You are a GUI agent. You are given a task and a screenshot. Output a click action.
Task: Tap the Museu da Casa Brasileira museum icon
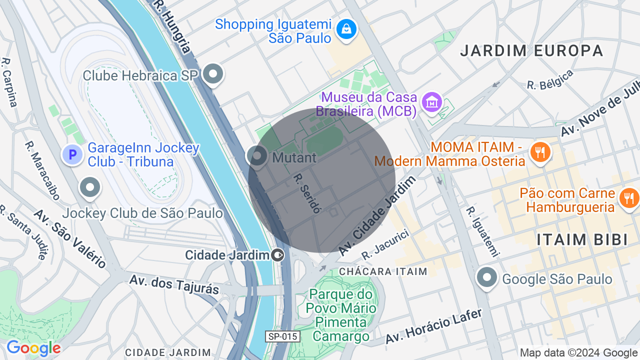431,102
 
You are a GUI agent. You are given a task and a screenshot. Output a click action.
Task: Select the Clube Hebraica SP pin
213,74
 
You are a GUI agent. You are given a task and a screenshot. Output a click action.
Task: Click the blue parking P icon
72,154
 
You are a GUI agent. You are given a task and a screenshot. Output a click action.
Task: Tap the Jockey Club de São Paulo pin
90,188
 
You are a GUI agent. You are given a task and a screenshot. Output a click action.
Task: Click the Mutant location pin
257,156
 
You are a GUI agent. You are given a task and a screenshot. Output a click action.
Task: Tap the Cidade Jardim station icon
277,255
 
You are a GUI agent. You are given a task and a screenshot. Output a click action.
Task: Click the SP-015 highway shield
282,336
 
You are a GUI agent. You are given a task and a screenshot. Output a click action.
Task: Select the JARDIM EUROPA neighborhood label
532,50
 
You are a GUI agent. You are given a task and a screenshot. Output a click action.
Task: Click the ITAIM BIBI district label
582,239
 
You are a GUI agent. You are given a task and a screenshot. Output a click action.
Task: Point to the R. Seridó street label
306,193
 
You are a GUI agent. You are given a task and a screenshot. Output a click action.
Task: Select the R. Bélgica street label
550,80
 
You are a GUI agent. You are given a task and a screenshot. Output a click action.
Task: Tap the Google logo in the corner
33,348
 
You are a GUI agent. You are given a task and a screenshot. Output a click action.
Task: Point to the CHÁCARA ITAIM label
383,271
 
